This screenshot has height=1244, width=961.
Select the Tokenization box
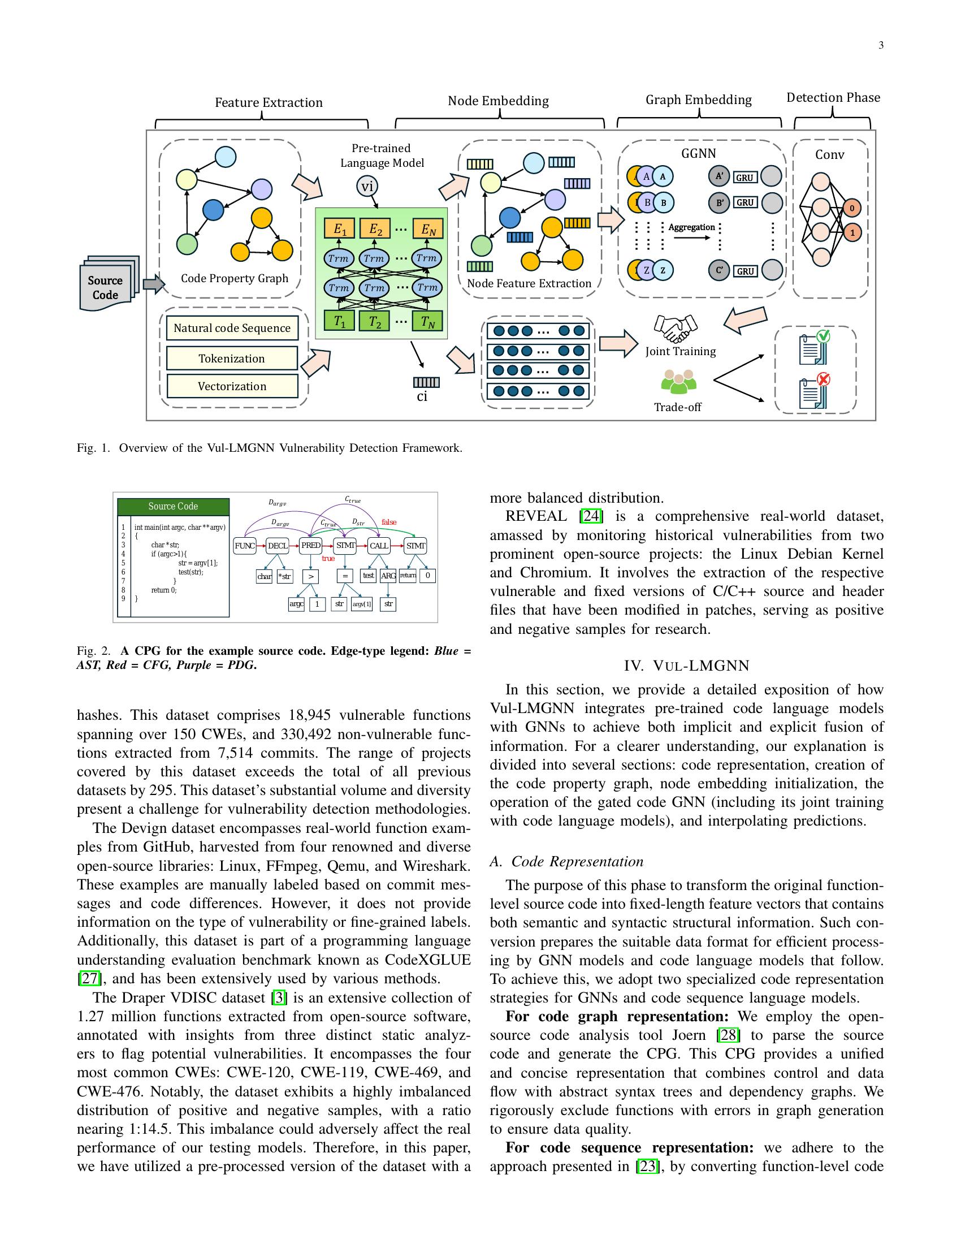232,358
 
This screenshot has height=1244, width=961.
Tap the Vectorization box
232,386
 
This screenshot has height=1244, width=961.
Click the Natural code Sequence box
232,328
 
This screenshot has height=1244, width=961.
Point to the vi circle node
367,186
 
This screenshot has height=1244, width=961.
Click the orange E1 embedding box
339,229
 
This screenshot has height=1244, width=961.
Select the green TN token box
427,322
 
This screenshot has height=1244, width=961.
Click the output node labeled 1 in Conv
852,232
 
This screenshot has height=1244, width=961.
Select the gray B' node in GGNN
719,202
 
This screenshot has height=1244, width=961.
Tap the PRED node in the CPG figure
311,546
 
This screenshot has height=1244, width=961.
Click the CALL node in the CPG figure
379,546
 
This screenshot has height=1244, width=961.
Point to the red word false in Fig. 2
389,522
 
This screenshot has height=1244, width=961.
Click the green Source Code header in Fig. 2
173,507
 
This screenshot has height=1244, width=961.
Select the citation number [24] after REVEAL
591,516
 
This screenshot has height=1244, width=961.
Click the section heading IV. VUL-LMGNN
687,666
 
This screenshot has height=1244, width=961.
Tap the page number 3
881,46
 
